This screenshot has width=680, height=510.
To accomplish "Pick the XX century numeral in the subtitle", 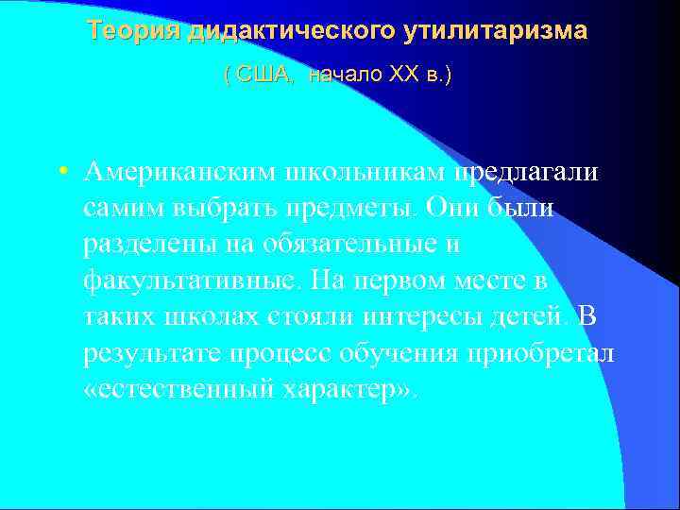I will coord(403,74).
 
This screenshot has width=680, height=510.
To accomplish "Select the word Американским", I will coord(175,172).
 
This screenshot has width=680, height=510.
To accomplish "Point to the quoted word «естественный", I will coord(178,389).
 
